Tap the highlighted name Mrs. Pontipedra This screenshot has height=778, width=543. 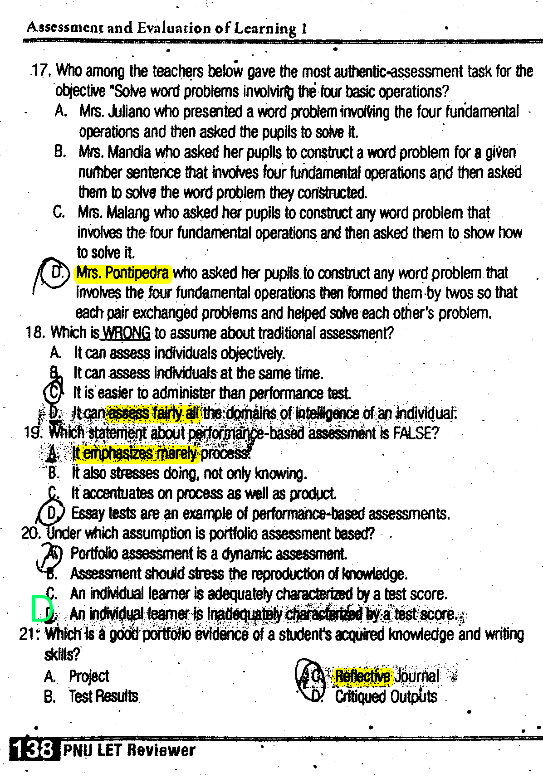122,273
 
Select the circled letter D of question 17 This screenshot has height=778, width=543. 57,272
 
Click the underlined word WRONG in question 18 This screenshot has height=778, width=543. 127,333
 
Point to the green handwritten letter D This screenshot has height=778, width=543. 42,608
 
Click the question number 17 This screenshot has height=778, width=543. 41,71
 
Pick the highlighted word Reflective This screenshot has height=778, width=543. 362,676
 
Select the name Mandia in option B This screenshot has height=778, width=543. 129,152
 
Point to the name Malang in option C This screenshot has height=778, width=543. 129,212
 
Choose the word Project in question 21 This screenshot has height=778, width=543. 89,676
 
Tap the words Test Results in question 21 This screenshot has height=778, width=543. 103,696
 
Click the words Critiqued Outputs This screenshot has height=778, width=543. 386,697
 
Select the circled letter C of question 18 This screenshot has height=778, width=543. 54,392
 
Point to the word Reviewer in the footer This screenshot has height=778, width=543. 161,750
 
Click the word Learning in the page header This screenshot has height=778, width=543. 265,29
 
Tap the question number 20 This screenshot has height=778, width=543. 31,533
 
